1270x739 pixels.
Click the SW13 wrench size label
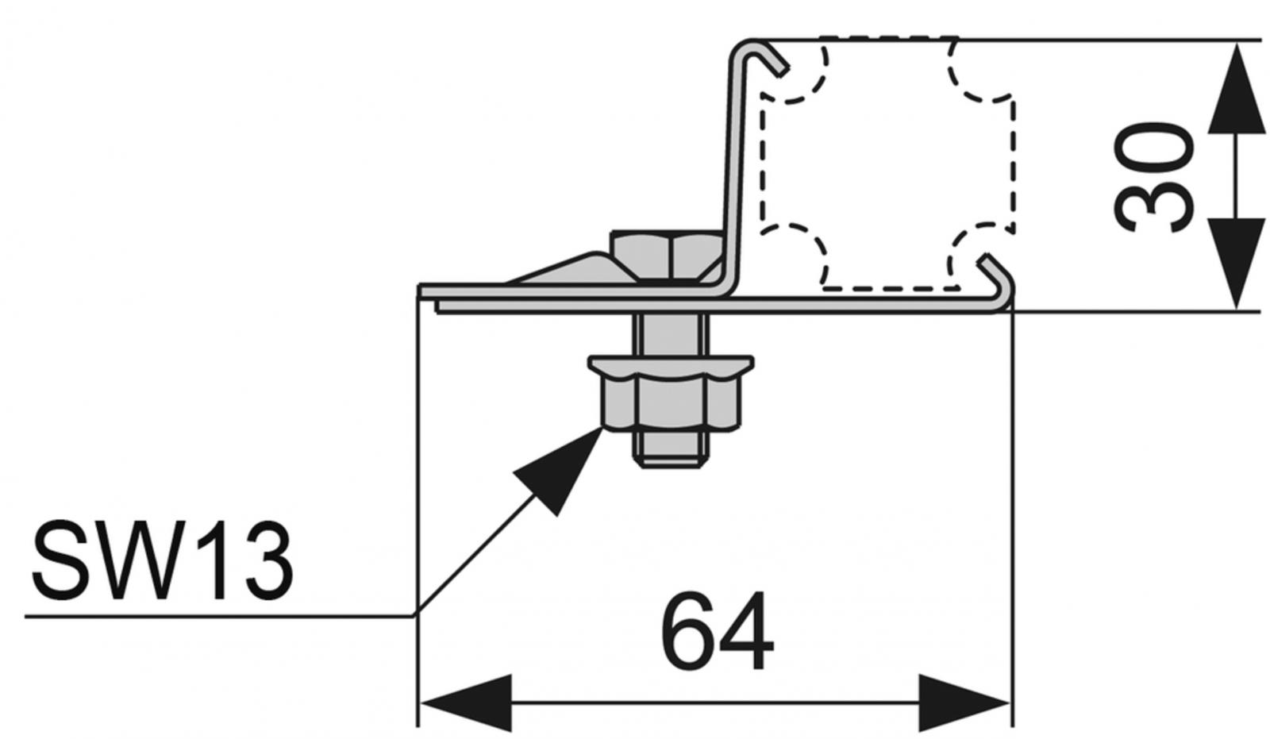pos(163,562)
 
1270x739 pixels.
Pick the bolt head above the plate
pos(667,256)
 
